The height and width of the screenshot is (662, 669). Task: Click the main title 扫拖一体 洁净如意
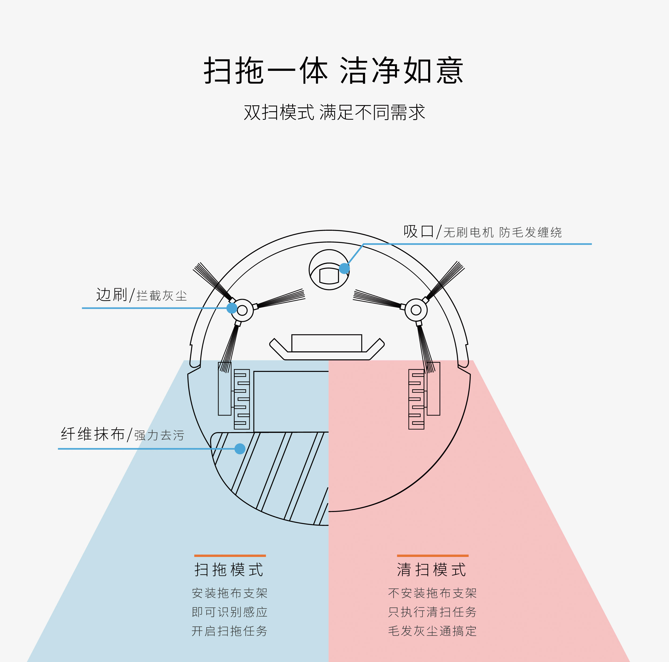click(x=333, y=71)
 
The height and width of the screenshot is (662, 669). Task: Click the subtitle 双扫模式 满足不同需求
click(x=334, y=113)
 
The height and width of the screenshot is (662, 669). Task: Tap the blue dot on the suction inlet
click(x=344, y=268)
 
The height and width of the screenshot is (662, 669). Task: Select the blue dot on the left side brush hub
click(x=232, y=308)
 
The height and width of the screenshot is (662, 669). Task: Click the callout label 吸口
click(x=418, y=232)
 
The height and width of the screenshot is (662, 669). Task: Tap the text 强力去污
click(x=159, y=435)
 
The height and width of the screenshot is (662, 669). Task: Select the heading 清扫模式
click(x=432, y=569)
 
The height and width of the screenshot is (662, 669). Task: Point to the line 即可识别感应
click(x=230, y=612)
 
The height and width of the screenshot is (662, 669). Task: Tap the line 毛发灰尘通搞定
click(x=432, y=631)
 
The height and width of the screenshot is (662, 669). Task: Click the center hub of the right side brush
click(x=416, y=310)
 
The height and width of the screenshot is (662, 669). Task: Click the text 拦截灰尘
click(x=162, y=296)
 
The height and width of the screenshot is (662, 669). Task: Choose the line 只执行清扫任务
click(x=432, y=612)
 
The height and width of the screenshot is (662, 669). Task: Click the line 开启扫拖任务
click(x=230, y=631)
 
